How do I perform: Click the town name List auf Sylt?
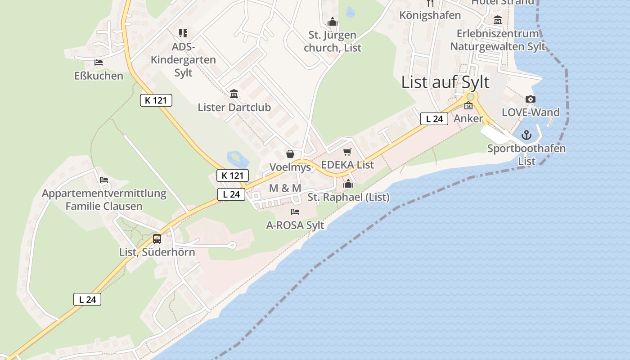[445, 82]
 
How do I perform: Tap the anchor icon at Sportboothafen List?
[526, 135]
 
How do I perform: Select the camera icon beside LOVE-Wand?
[531, 99]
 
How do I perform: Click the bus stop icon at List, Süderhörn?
[157, 238]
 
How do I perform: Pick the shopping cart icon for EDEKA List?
[347, 152]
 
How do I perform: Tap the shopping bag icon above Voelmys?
[290, 154]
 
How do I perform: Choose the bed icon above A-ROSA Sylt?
[295, 211]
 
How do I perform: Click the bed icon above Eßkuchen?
[99, 63]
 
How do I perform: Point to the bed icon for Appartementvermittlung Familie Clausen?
[104, 180]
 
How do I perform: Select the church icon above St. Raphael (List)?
[348, 184]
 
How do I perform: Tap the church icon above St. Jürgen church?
[333, 22]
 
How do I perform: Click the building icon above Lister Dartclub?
[234, 94]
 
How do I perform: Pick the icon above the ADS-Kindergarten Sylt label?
[183, 33]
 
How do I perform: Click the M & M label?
[285, 188]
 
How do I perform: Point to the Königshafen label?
[430, 15]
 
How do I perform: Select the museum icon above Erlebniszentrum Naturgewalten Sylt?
[498, 20]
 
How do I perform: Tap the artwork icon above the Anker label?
[468, 106]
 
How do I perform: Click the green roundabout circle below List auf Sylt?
[471, 96]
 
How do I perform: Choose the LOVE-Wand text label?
[531, 112]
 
